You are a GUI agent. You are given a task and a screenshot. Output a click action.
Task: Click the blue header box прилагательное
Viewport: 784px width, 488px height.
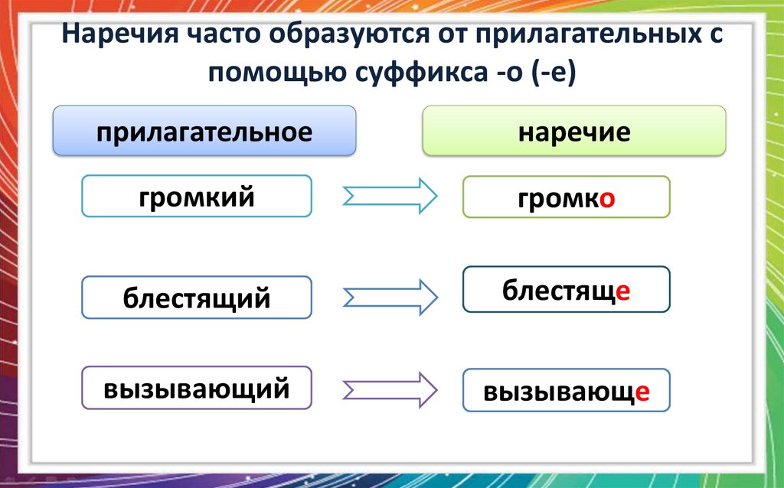204,132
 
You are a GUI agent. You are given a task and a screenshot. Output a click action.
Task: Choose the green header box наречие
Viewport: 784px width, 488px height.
573,132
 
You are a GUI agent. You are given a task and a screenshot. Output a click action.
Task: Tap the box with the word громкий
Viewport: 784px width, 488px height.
197,197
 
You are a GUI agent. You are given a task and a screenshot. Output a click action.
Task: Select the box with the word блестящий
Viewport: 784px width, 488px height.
197,297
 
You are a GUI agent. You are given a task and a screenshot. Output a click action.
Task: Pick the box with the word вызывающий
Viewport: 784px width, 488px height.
197,389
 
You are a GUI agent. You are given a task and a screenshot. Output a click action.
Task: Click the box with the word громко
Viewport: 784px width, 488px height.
566,197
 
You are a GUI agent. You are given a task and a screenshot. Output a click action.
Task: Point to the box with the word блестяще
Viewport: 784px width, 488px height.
566,289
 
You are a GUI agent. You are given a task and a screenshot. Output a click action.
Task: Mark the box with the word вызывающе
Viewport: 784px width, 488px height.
566,391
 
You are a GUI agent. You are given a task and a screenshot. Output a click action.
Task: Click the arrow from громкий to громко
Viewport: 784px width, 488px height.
389,197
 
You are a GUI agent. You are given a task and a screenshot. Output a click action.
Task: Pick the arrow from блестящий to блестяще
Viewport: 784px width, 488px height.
389,296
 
